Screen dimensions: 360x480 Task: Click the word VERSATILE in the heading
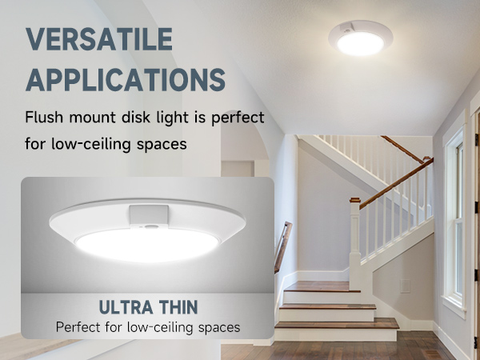99,38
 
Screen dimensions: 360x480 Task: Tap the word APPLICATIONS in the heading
125,81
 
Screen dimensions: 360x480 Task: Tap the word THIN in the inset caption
176,307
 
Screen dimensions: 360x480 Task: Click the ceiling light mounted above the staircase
360,38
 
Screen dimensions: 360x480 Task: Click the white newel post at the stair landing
354,240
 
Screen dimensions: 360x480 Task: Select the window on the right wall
455,216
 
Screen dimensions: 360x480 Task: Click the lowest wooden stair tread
336,324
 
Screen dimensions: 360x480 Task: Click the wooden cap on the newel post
354,199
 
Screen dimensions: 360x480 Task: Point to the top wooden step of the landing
318,286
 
